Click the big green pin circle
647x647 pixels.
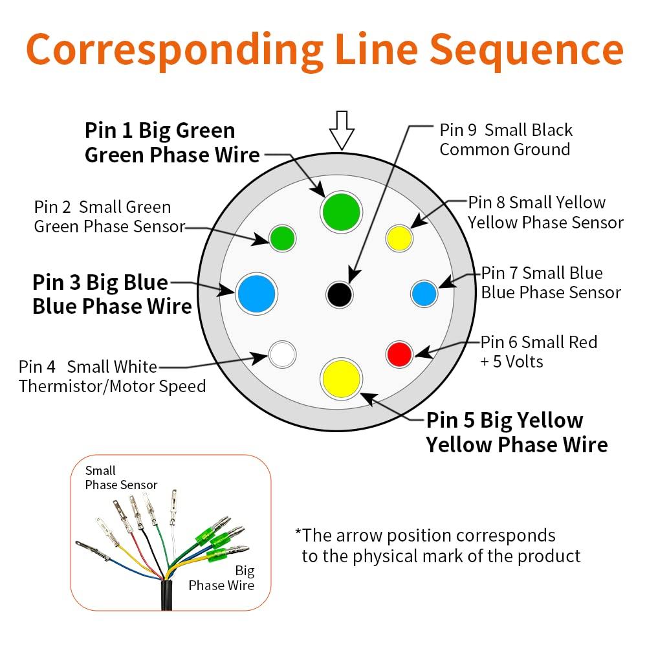click(x=341, y=212)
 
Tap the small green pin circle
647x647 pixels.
click(x=282, y=238)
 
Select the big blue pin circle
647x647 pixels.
click(x=257, y=294)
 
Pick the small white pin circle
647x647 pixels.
click(x=282, y=354)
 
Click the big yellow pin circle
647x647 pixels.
click(x=342, y=378)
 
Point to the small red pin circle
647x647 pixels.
click(x=399, y=354)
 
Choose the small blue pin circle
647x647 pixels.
click(x=424, y=294)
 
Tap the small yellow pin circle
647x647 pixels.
click(x=399, y=238)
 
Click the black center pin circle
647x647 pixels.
click(x=340, y=295)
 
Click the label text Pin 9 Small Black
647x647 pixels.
click(x=506, y=130)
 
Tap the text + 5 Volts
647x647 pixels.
click(x=511, y=361)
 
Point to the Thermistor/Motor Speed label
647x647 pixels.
click(x=112, y=387)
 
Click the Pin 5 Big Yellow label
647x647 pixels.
click(x=505, y=421)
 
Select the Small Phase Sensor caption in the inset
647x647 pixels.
click(x=121, y=478)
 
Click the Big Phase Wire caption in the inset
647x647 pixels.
click(x=221, y=578)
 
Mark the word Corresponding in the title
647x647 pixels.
click(x=175, y=50)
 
